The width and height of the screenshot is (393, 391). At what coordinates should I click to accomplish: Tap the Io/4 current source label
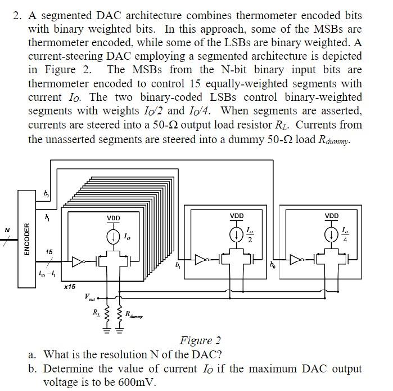[x=345, y=234]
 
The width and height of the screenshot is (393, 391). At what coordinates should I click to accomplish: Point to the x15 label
[x=69, y=287]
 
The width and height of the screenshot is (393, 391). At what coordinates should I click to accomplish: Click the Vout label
[x=89, y=296]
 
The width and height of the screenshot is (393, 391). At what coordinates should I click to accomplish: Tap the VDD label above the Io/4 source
[x=332, y=216]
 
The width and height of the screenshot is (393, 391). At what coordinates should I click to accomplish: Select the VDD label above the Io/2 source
[x=237, y=216]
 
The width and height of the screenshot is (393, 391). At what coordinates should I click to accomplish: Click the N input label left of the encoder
[x=7, y=230]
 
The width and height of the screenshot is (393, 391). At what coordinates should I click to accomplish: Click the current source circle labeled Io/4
[x=332, y=234]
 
